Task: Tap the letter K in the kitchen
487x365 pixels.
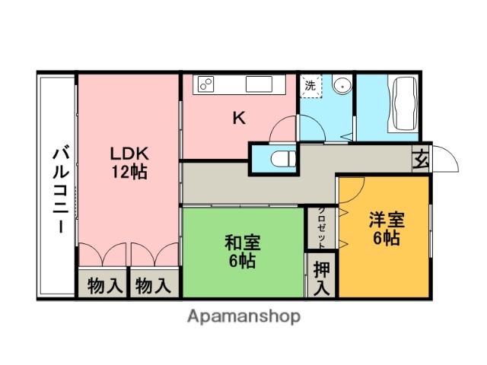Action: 238,118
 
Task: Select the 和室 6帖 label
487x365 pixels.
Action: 243,252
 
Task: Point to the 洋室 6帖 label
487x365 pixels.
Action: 387,228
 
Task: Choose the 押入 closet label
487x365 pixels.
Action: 322,278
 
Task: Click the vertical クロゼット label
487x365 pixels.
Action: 322,227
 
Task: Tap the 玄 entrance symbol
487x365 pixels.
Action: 421,160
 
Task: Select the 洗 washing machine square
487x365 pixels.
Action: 310,86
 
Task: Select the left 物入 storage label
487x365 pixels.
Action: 103,286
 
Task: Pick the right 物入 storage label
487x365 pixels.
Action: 152,286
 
